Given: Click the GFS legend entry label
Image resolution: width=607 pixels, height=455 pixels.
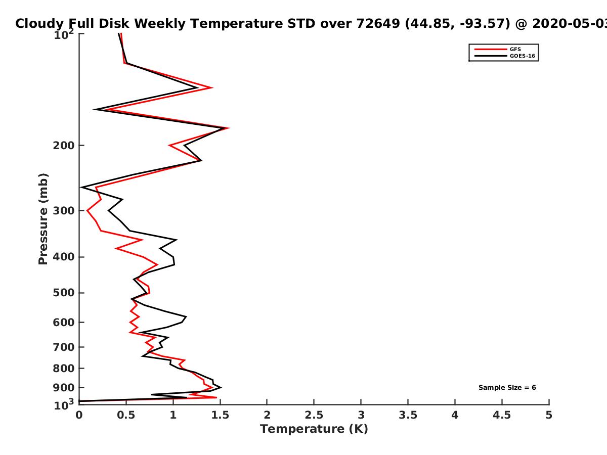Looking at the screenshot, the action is (515, 50).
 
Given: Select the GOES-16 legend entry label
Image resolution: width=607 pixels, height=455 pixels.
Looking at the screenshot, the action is (523, 56).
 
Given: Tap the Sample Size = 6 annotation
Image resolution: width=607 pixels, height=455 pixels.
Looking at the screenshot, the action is (507, 388).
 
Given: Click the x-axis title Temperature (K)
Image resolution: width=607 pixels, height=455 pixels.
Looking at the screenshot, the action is (314, 429).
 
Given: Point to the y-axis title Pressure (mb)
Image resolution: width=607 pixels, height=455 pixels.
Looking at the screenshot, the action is (43, 219).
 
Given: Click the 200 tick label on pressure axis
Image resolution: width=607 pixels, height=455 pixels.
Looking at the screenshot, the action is (64, 145).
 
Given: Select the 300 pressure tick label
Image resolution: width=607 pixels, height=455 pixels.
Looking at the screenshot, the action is (64, 211).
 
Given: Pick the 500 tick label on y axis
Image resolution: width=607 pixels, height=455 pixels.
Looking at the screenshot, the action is (64, 293).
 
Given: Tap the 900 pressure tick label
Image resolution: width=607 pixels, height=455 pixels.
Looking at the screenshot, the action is (64, 388).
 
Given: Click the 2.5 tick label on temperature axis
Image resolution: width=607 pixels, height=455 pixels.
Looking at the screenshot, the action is (314, 415).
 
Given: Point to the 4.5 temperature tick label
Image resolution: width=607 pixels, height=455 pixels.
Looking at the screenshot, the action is (502, 415).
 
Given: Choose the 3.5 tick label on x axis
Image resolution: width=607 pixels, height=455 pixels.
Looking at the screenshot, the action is (408, 415).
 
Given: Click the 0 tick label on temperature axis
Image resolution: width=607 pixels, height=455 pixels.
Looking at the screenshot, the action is (79, 415).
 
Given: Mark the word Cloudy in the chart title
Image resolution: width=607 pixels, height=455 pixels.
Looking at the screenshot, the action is (39, 24).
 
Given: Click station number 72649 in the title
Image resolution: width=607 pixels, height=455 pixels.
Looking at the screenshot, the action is (378, 24).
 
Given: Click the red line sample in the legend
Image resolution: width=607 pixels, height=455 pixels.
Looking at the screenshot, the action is (491, 50).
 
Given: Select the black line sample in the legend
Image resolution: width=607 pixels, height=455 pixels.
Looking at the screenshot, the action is (491, 56).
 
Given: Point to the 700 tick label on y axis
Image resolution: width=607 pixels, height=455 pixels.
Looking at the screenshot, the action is (64, 347).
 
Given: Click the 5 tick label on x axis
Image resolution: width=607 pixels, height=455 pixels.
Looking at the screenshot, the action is (549, 415).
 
